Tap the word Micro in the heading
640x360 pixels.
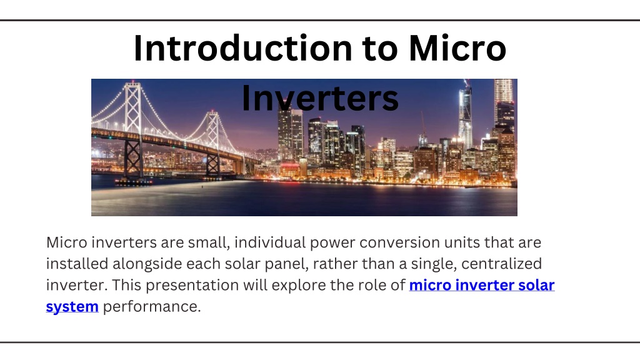coord(457,48)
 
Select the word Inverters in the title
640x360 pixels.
coord(320,98)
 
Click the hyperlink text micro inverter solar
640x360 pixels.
coord(482,285)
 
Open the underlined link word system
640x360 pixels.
coord(72,306)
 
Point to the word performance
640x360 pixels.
coord(152,306)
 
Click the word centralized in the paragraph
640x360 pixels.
coord(501,264)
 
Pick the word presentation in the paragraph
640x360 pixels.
coord(192,285)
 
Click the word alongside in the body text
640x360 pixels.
coord(147,264)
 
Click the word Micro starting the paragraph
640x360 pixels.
coord(66,242)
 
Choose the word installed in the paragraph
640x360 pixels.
coord(77,264)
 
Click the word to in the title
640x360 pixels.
coord(380,49)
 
